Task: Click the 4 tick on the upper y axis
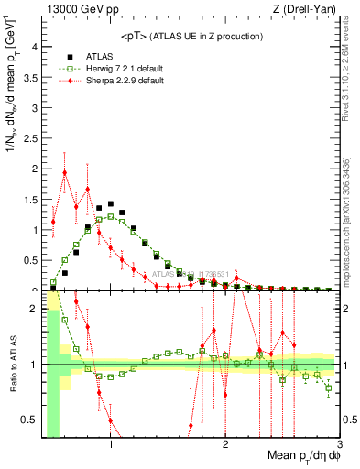pyautogui.click(x=35, y=48)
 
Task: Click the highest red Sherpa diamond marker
pyautogui.click(x=65, y=172)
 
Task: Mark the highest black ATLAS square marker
pyautogui.click(x=111, y=203)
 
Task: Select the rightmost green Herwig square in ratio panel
pyautogui.click(x=328, y=387)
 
